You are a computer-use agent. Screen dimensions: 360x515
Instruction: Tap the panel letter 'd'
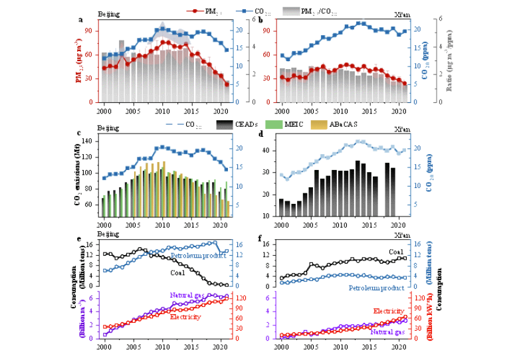click(261, 134)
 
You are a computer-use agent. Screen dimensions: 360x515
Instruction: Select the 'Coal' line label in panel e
click(178, 273)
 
